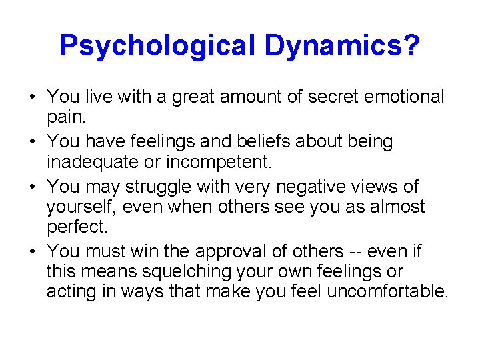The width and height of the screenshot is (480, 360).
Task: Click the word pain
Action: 65,119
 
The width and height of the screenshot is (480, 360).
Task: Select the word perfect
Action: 75,228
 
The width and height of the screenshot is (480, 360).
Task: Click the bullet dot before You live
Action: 33,98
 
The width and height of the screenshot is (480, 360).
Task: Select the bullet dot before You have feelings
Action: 33,142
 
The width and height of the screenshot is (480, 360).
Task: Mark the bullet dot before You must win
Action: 33,251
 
